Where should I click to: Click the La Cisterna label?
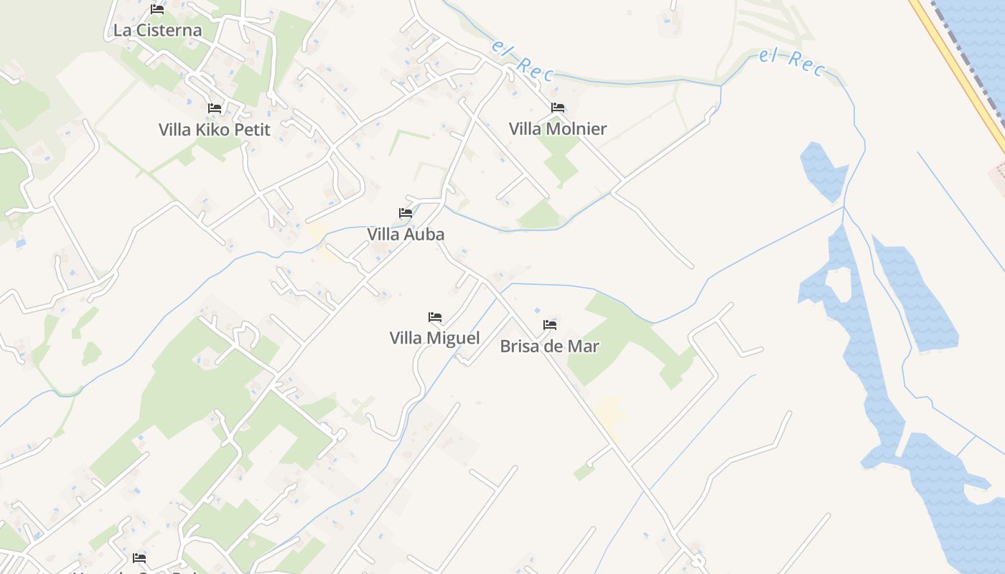[x=157, y=31]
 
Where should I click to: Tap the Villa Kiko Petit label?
[x=215, y=130]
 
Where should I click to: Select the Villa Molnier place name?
[x=558, y=129]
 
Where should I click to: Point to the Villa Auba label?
[x=406, y=235]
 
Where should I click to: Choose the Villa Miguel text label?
[x=434, y=338]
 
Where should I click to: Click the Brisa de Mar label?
[x=549, y=347]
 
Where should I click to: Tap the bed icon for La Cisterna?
[x=157, y=9]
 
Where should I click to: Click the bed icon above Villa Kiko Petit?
[x=215, y=108]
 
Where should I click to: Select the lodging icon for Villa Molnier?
[x=558, y=108]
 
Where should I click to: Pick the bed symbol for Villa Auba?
[x=406, y=213]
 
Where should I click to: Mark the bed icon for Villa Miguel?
[x=434, y=317]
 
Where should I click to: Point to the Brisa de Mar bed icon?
[x=550, y=325]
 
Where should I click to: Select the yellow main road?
[x=962, y=72]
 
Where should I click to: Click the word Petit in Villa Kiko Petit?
[x=246, y=130]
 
